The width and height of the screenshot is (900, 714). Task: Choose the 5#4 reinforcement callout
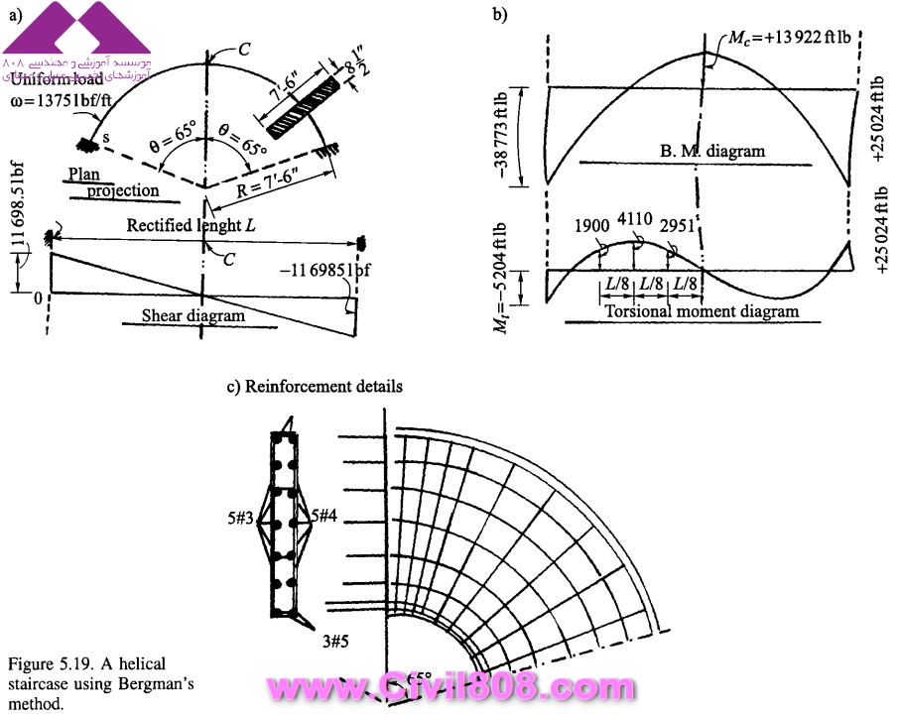click(x=328, y=517)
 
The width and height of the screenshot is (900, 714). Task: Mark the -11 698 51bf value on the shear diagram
click(x=294, y=265)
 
